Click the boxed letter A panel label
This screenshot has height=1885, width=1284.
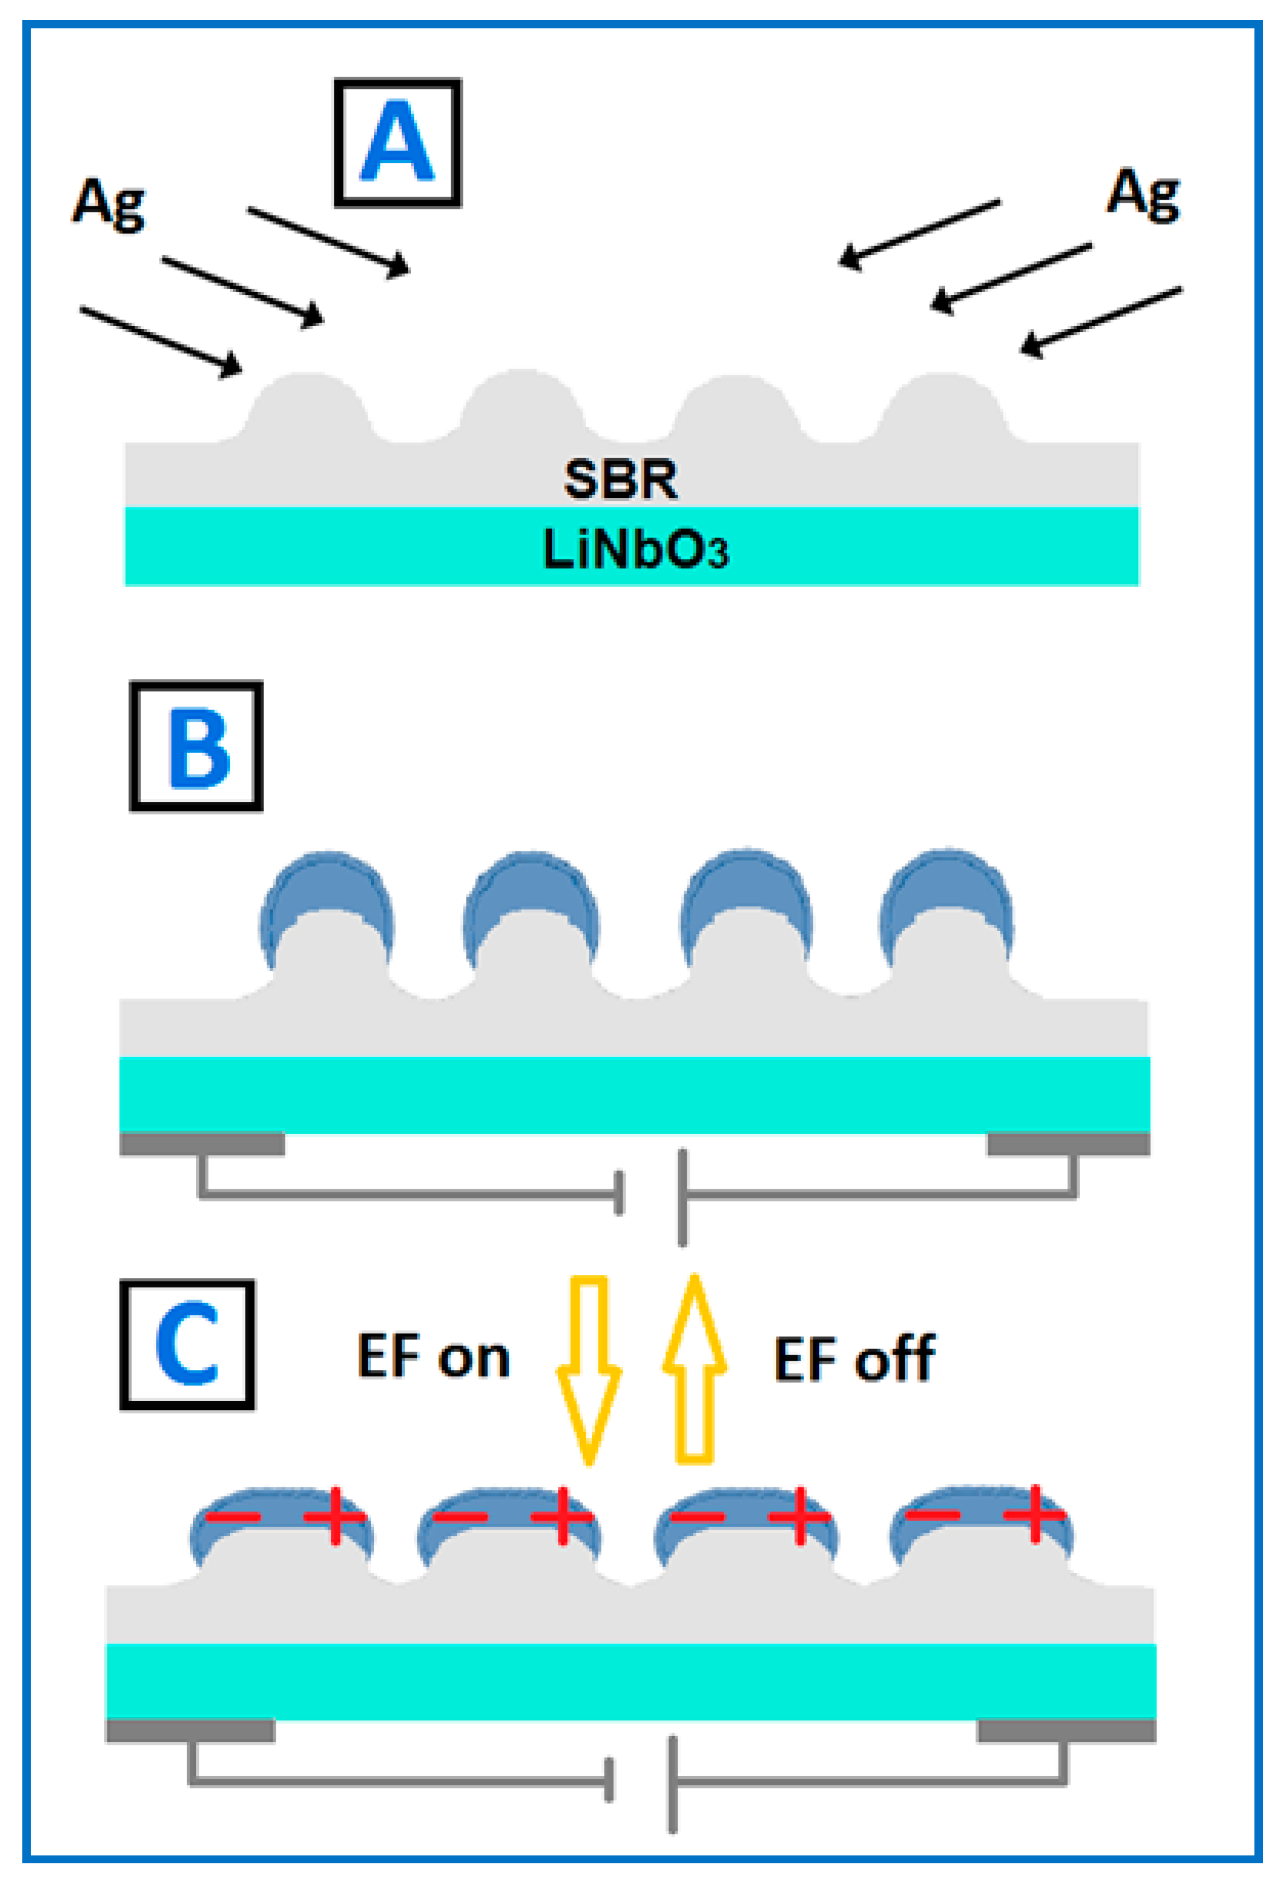click(398, 143)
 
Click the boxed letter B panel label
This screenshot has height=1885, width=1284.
click(196, 746)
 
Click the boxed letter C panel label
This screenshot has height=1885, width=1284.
click(188, 1346)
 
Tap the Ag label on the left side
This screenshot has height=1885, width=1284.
click(108, 203)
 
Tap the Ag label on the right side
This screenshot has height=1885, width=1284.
click(1143, 195)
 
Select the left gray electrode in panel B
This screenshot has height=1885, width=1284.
click(202, 1143)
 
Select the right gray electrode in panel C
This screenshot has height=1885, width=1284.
click(1066, 1731)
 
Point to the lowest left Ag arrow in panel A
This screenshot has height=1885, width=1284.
click(160, 342)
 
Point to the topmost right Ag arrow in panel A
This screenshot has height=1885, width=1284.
click(918, 234)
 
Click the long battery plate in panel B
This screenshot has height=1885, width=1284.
click(683, 1197)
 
